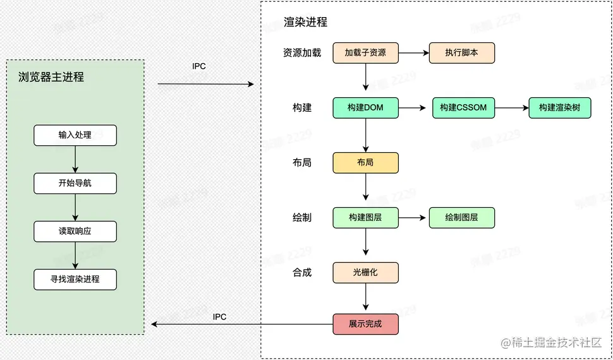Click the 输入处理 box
point(75,135)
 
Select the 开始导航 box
point(75,183)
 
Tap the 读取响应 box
point(75,231)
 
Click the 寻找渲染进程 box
point(75,279)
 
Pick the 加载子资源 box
point(365,53)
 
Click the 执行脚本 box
point(461,53)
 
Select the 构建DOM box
point(365,108)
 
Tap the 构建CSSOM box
point(463,108)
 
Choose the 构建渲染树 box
point(560,108)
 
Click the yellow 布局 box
point(365,162)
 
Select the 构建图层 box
point(365,217)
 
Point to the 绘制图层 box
point(461,217)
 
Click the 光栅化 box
point(365,273)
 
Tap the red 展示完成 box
point(365,324)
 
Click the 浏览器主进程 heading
point(51,78)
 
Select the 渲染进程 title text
point(306,22)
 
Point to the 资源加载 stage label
point(302,53)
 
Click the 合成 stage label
point(302,273)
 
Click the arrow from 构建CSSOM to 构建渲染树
point(511,108)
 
